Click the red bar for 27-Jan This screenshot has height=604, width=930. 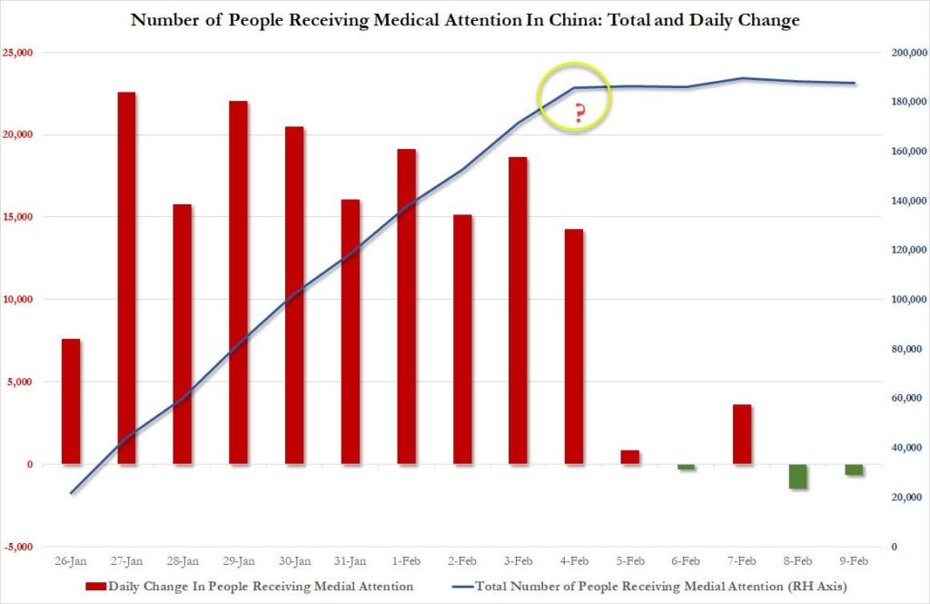pyautogui.click(x=127, y=278)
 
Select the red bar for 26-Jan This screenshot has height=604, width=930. pyautogui.click(x=71, y=401)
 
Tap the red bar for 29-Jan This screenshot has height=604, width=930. pyautogui.click(x=239, y=282)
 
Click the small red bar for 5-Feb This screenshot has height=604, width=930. pyautogui.click(x=630, y=457)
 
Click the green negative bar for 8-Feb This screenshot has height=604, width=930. pyautogui.click(x=798, y=476)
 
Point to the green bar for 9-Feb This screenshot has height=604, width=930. pyautogui.click(x=854, y=470)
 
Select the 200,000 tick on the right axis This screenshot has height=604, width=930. pyautogui.click(x=908, y=53)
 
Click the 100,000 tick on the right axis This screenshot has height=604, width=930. pyautogui.click(x=908, y=300)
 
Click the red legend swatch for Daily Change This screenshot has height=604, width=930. pyautogui.click(x=95, y=586)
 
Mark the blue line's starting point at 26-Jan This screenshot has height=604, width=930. pyautogui.click(x=71, y=493)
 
